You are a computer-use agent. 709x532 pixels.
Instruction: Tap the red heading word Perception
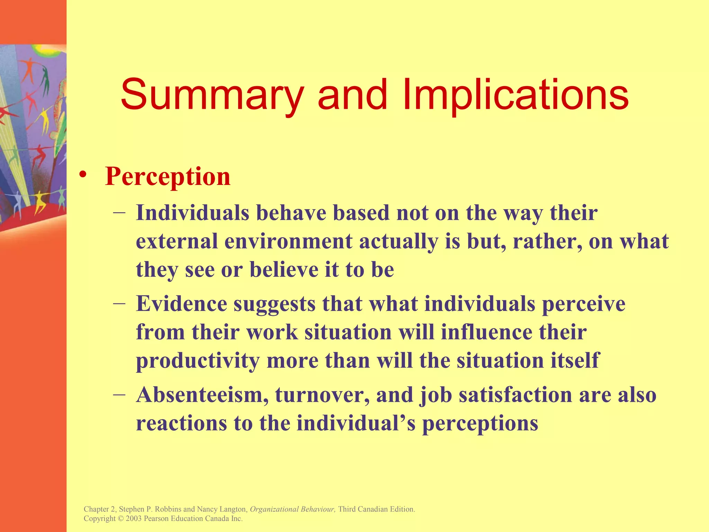click(168, 177)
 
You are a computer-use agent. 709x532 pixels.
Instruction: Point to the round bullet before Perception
click(82, 175)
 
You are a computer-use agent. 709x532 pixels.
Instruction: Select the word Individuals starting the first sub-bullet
click(192, 213)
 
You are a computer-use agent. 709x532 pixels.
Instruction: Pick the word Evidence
click(181, 304)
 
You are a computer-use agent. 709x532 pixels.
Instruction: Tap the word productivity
click(198, 361)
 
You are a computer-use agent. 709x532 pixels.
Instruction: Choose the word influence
click(486, 332)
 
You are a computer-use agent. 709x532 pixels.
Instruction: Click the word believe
click(284, 270)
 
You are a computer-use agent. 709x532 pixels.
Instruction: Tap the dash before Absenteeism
click(119, 394)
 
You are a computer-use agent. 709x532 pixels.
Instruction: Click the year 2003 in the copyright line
click(134, 518)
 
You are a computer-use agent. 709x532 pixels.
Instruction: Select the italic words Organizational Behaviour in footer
click(292, 509)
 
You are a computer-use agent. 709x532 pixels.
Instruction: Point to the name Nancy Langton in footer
click(222, 509)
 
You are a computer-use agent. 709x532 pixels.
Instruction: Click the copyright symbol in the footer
click(120, 518)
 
